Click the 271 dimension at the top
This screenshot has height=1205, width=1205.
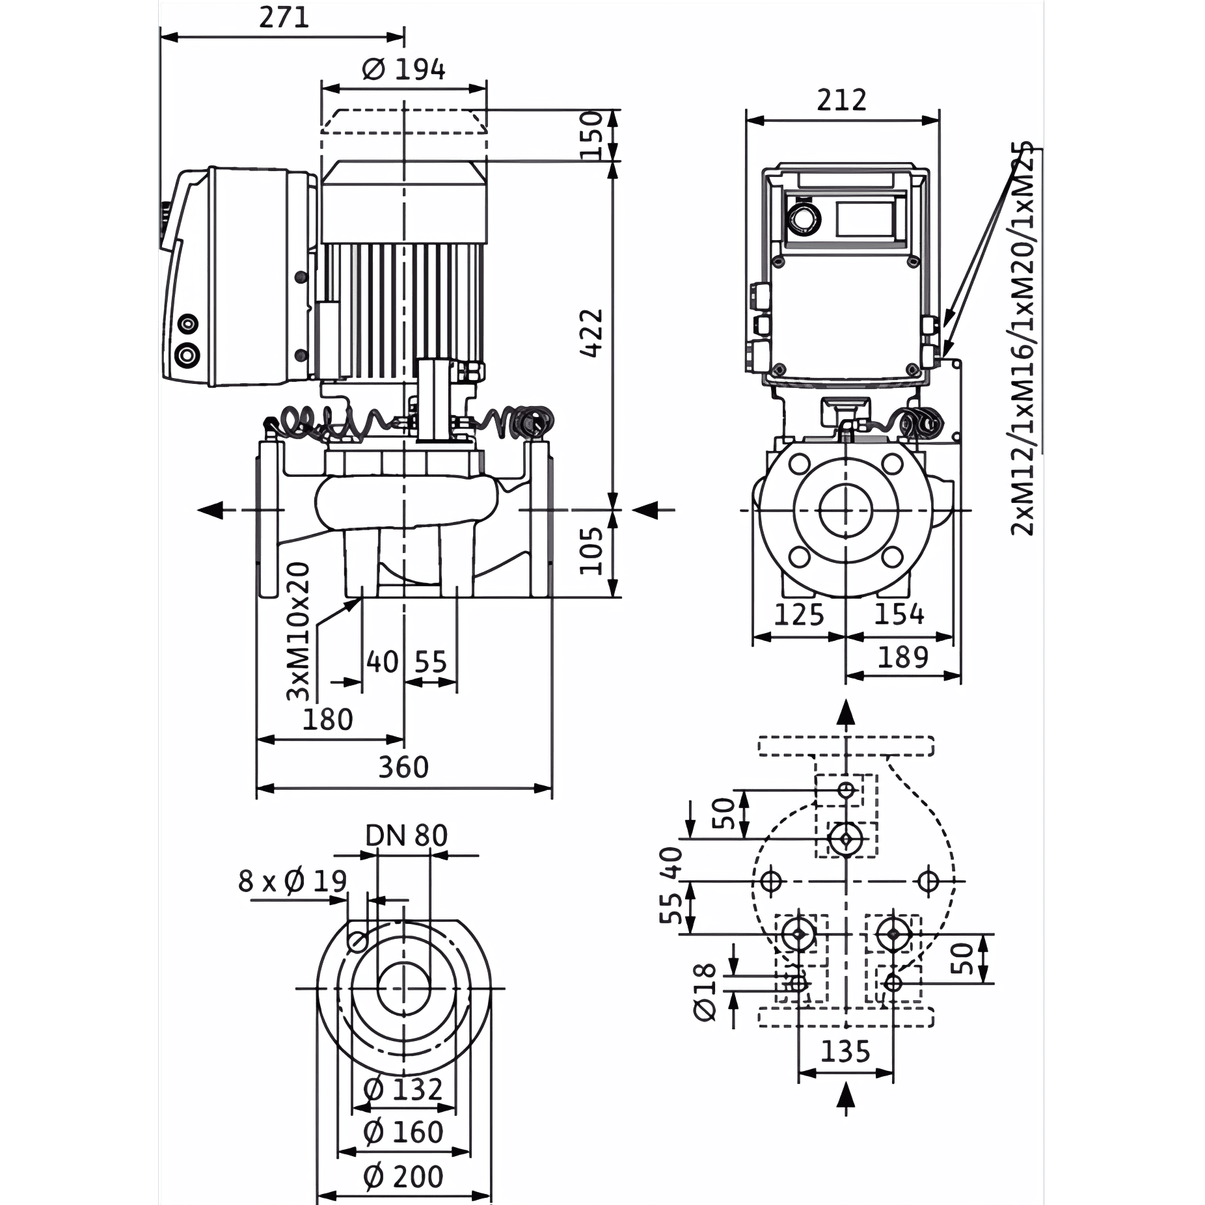pyautogui.click(x=284, y=18)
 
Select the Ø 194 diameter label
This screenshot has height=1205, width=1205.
pyautogui.click(x=403, y=69)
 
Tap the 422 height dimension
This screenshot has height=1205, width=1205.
pyautogui.click(x=591, y=332)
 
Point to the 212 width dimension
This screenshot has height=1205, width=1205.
pyautogui.click(x=842, y=100)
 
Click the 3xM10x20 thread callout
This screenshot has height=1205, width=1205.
pyautogui.click(x=299, y=631)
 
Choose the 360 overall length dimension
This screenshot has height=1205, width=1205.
pyautogui.click(x=403, y=768)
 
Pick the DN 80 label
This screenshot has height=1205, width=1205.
pyautogui.click(x=407, y=836)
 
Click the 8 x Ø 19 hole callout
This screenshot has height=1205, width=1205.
pyautogui.click(x=293, y=882)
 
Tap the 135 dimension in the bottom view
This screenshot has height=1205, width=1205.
pyautogui.click(x=845, y=1051)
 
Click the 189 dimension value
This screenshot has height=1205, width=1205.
pyautogui.click(x=902, y=657)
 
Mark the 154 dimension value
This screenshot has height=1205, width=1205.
pyautogui.click(x=899, y=614)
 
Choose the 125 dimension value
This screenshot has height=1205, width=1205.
pyautogui.click(x=799, y=614)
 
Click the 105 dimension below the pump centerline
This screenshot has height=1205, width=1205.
pyautogui.click(x=591, y=550)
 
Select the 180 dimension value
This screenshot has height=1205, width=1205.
pyautogui.click(x=328, y=720)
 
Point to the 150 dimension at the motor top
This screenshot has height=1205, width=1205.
pyautogui.click(x=591, y=135)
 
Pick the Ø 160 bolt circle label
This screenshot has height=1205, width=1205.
pyautogui.click(x=403, y=1133)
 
